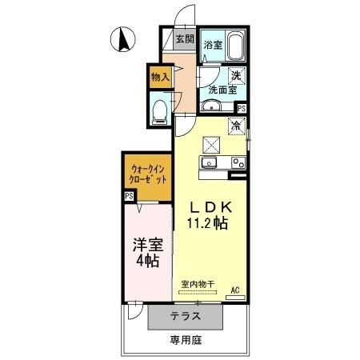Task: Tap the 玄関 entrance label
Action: [184, 38]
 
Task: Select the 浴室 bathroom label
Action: [212, 45]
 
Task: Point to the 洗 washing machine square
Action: [236, 75]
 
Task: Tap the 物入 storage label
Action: [160, 77]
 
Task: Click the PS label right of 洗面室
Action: [241, 108]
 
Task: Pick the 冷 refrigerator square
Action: [236, 125]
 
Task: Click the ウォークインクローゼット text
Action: [146, 175]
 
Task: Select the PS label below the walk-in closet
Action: [129, 195]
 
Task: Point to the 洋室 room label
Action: [146, 243]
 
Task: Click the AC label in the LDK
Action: [235, 290]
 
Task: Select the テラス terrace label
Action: [184, 317]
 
